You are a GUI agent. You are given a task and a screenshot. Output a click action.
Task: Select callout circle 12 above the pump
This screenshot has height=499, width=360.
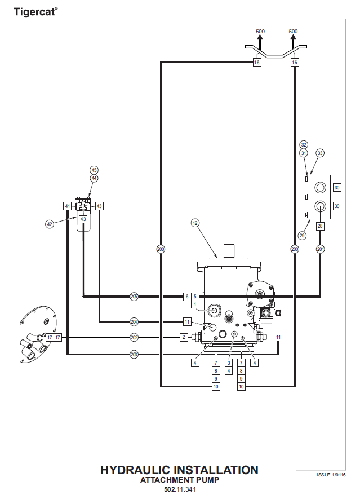click(195, 223)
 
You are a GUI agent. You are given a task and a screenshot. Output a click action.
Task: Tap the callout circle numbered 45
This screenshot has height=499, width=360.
click(94, 170)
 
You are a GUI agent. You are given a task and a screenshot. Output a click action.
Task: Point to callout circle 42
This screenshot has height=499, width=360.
click(50, 224)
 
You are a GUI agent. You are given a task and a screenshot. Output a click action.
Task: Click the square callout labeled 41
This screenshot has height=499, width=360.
click(67, 206)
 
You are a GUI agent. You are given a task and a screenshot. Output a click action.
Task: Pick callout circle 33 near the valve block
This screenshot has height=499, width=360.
click(320, 153)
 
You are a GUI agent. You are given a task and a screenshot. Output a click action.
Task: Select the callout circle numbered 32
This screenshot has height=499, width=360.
click(304, 145)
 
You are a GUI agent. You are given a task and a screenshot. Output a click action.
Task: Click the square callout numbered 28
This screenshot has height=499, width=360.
click(320, 226)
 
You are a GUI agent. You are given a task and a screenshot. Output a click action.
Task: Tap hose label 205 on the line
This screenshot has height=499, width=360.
click(134, 296)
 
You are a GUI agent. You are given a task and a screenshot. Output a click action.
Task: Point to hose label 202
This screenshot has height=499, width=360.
click(134, 337)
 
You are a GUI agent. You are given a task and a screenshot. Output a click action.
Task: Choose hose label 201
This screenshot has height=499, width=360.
click(321, 249)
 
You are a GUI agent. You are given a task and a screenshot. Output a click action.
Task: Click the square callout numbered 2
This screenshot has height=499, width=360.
click(184, 337)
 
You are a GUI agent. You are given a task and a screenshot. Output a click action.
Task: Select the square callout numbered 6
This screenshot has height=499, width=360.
click(187, 296)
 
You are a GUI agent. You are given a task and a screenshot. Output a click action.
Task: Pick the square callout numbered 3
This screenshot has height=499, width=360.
click(229, 363)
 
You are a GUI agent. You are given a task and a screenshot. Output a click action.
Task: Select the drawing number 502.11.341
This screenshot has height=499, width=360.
click(180, 489)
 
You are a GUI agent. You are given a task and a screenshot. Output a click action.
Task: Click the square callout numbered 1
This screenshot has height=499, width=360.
click(195, 304)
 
